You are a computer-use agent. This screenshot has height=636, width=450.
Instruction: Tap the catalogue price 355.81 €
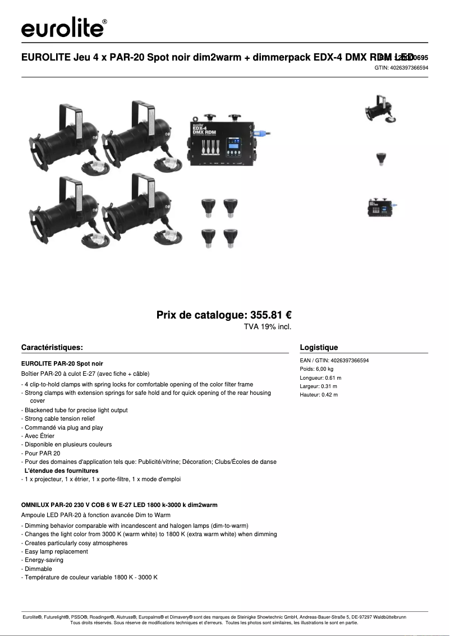[227, 315]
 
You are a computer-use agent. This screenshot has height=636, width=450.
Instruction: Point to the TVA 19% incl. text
[267, 326]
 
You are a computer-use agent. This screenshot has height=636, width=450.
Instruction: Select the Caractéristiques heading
[52, 347]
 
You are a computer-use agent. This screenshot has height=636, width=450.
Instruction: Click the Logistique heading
[319, 347]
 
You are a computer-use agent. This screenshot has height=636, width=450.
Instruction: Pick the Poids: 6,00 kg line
[316, 369]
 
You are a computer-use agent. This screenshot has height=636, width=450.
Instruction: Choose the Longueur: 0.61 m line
[320, 377]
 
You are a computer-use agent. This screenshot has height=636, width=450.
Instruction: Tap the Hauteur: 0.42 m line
[319, 395]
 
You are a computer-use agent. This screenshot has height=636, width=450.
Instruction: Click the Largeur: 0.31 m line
[319, 386]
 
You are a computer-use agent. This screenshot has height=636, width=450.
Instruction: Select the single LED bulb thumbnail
[381, 159]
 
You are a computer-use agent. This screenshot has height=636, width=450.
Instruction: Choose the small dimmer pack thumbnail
[382, 207]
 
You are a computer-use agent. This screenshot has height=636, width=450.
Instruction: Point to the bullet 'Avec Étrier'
[39, 436]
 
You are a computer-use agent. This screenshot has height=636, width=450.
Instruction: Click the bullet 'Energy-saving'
[43, 560]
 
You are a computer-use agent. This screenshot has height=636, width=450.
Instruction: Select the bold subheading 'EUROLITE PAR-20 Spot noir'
[62, 364]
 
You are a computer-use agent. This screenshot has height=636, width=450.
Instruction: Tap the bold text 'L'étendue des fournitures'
[61, 471]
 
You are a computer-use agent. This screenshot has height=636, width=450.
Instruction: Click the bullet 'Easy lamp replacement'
[56, 551]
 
